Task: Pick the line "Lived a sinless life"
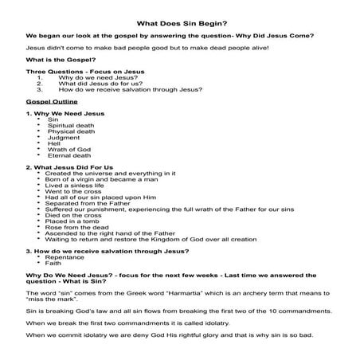pyautogui.click(x=79, y=185)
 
